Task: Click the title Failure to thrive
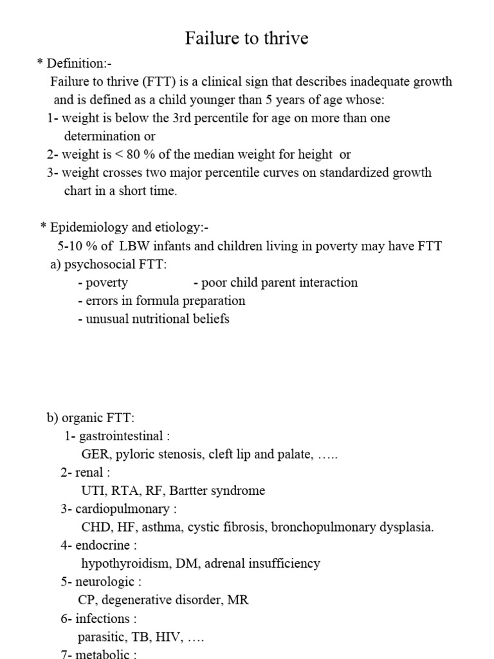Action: (x=247, y=39)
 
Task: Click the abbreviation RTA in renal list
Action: (x=124, y=490)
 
